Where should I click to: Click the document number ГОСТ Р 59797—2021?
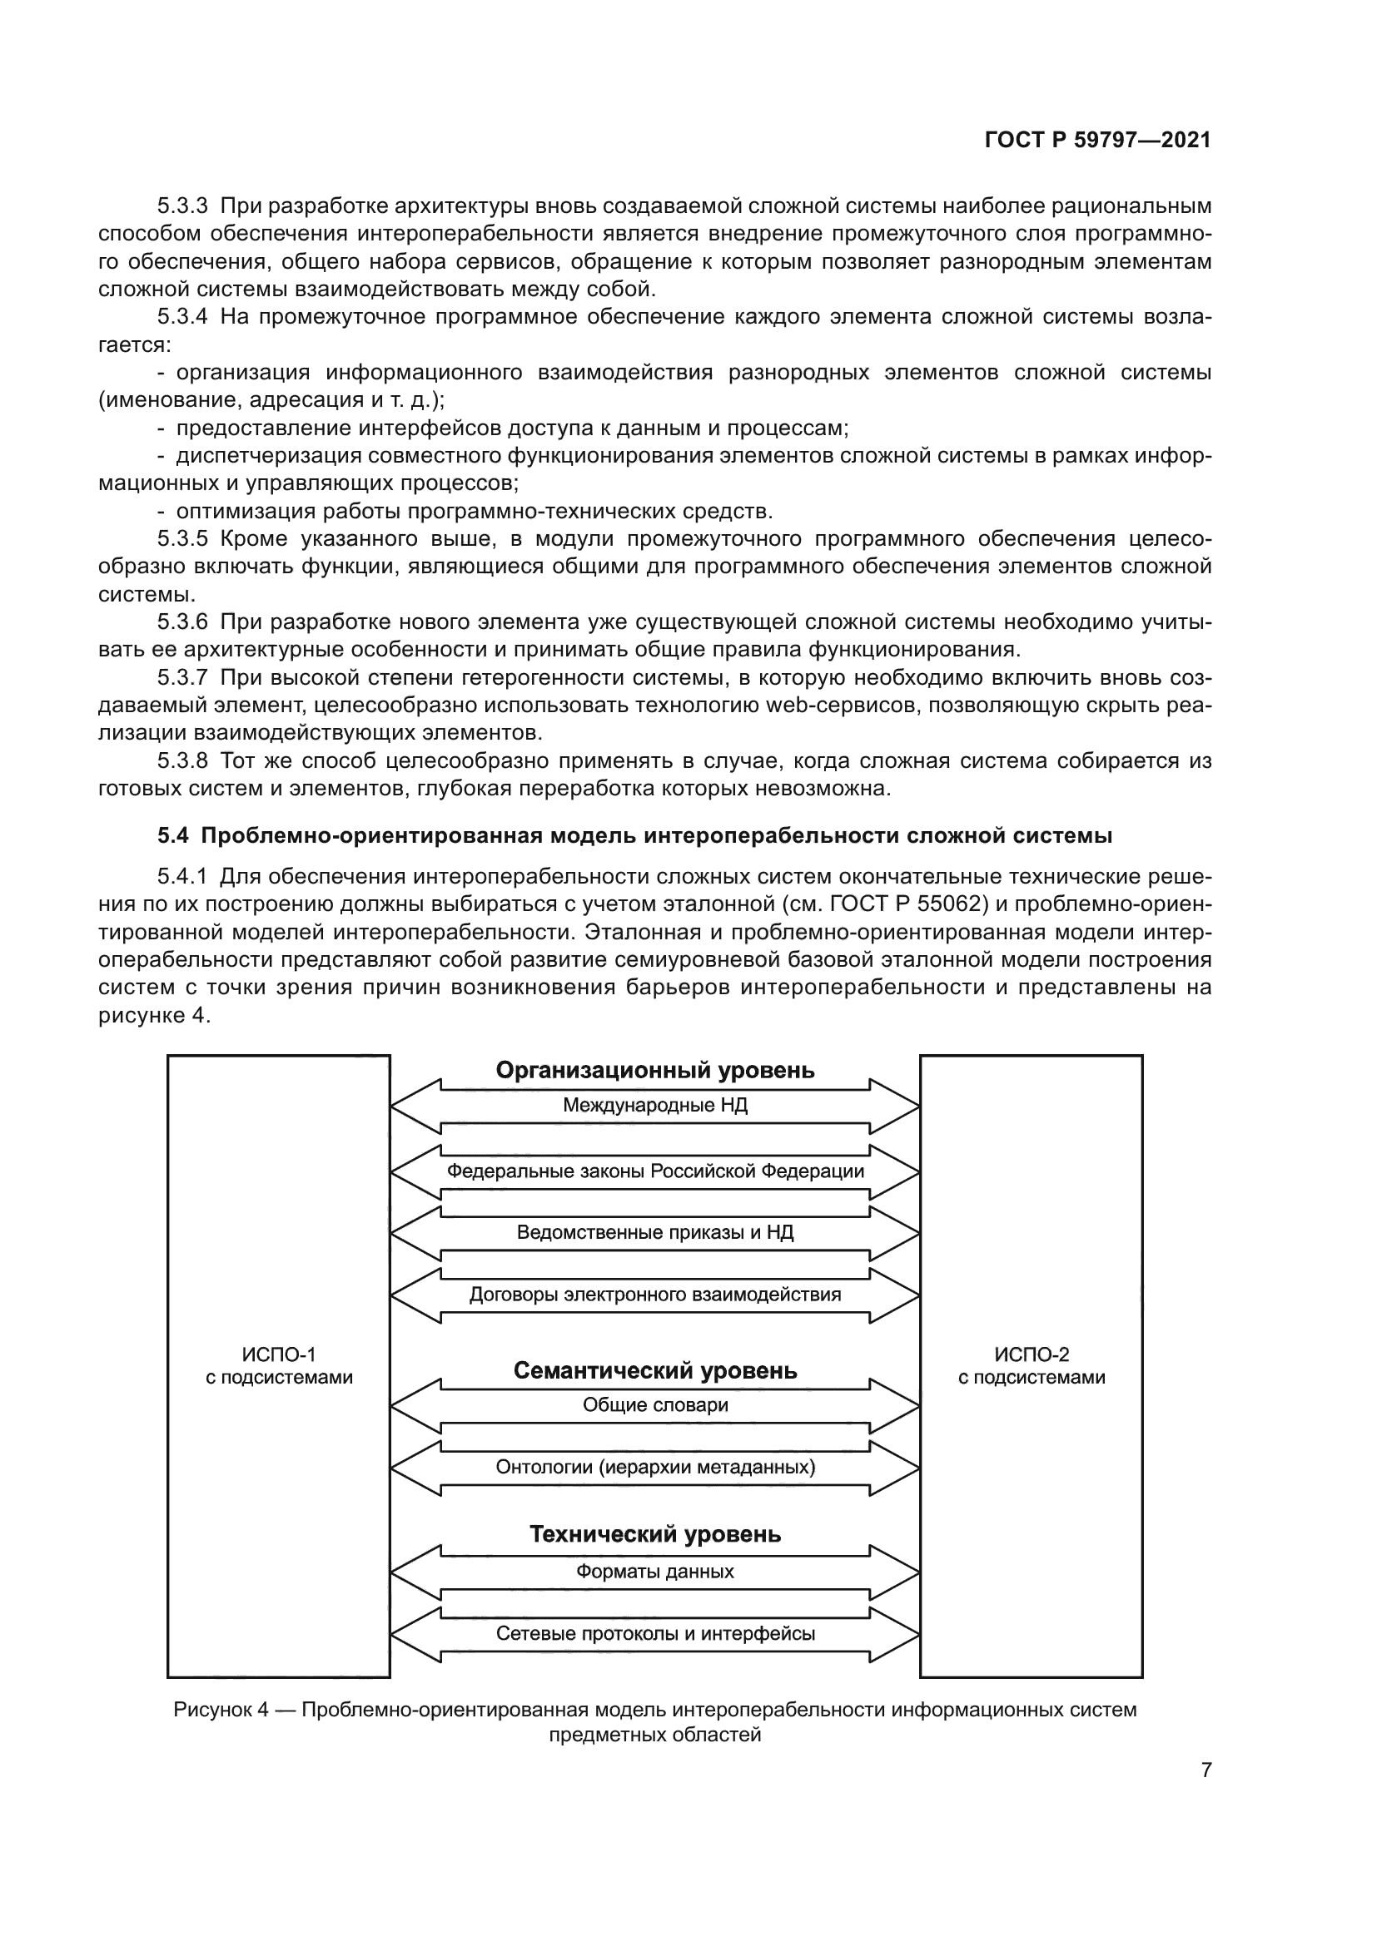tap(1097, 141)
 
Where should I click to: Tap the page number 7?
tap(1205, 1770)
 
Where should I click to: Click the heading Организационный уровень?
tap(654, 1071)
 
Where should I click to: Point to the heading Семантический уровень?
tap(654, 1370)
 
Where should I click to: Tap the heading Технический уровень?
tap(654, 1534)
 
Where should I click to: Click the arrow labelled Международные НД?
tap(654, 1105)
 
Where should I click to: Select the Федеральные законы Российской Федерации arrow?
tap(654, 1171)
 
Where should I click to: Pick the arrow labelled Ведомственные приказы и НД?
tap(654, 1232)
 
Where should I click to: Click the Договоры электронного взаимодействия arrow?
tap(654, 1295)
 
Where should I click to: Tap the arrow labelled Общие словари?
tap(654, 1404)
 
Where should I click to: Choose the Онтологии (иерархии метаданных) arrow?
tap(654, 1466)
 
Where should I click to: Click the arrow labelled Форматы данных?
tap(654, 1572)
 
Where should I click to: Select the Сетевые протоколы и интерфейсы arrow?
tap(654, 1633)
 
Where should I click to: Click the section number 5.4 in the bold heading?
tap(172, 835)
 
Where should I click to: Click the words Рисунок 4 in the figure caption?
tap(221, 1709)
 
